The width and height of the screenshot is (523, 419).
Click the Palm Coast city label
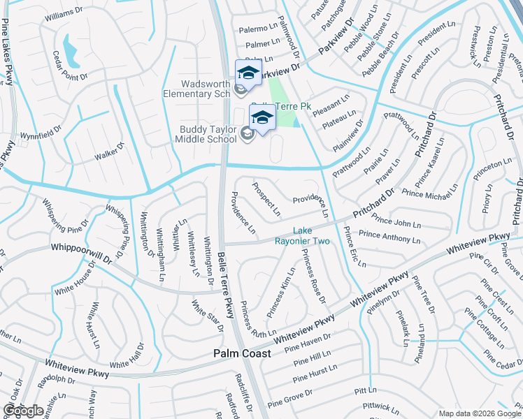point(241,354)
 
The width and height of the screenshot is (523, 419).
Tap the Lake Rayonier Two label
point(310,235)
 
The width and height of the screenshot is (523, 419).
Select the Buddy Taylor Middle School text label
point(208,134)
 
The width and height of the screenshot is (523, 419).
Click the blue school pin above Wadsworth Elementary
point(248,73)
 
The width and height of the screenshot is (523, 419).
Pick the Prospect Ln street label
point(266,199)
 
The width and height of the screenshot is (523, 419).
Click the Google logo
point(23,411)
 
